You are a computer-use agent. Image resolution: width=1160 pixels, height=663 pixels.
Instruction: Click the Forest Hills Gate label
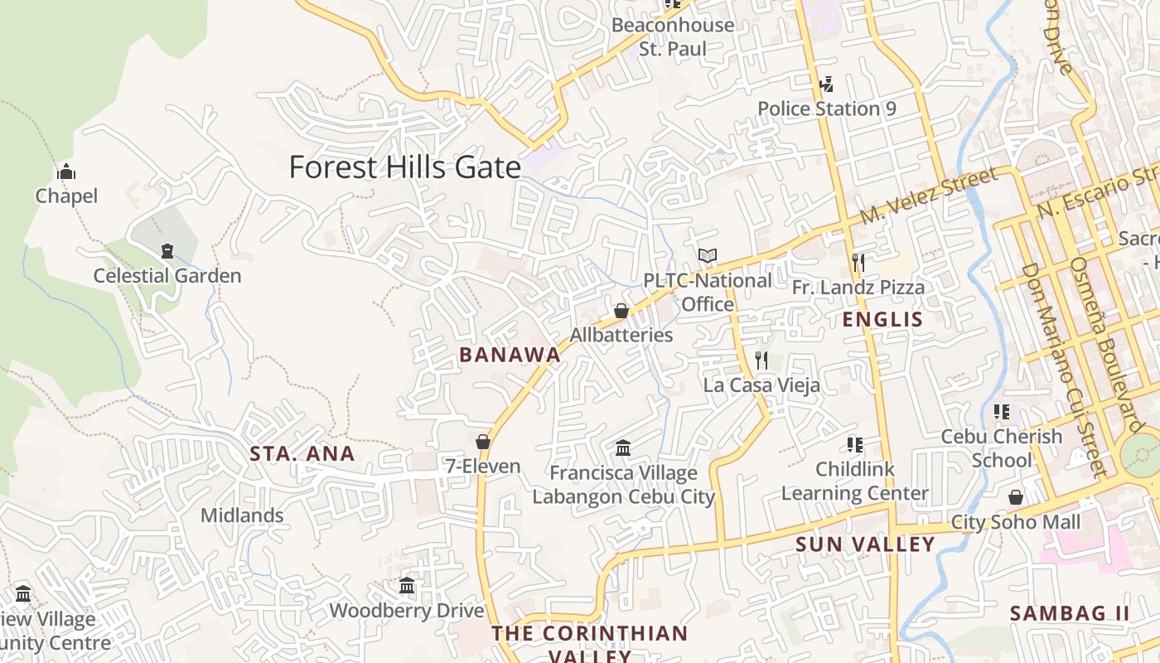(405, 167)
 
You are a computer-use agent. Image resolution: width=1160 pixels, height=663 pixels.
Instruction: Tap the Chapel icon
(66, 172)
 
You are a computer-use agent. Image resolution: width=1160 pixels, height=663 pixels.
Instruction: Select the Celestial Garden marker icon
(167, 250)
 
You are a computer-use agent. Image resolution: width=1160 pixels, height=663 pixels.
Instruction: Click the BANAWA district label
(510, 355)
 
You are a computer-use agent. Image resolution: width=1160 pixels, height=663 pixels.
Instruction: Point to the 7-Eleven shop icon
(483, 442)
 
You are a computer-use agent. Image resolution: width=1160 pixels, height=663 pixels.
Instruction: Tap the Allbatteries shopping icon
(621, 311)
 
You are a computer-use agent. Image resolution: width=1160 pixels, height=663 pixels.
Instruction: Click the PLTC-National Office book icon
(707, 256)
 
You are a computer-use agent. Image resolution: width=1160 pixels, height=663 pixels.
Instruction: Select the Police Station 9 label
(827, 109)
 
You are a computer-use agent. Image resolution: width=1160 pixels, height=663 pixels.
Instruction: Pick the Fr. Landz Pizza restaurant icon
(858, 263)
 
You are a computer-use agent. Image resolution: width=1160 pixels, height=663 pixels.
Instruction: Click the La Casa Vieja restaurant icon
(761, 361)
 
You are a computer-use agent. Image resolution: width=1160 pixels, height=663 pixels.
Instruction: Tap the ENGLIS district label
(882, 320)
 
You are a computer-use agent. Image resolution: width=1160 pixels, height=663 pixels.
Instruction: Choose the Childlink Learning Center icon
(855, 445)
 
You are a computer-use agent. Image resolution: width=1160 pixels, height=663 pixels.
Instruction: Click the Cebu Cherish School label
(1001, 448)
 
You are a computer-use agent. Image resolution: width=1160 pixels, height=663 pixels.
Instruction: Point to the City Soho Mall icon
(1016, 497)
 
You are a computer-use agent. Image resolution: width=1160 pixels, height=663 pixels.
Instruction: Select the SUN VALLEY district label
(865, 544)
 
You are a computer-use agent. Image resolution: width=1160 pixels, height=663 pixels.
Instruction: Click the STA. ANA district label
(302, 453)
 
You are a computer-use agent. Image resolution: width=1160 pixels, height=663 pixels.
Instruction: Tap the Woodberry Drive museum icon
(407, 586)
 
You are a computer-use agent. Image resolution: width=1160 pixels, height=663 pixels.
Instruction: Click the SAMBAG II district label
(1070, 613)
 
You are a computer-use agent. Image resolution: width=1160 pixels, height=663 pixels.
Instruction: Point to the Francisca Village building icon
(623, 448)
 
